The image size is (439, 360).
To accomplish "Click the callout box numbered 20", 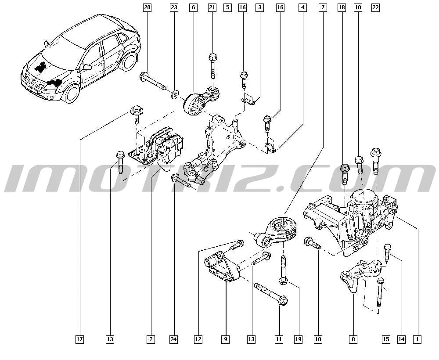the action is (147, 7).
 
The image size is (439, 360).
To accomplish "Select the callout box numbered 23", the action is (174, 7).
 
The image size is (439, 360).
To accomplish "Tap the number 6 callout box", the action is (193, 7).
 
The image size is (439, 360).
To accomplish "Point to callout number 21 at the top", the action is (212, 7).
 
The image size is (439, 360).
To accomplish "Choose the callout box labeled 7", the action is (323, 7).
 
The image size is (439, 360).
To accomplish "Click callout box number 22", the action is (375, 7).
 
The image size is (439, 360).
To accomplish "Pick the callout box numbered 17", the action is (80, 339).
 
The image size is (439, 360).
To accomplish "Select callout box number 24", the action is (173, 339).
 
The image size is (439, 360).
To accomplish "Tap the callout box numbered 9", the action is (225, 339).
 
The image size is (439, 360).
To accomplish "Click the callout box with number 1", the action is (417, 339).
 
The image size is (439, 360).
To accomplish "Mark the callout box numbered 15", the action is (386, 339).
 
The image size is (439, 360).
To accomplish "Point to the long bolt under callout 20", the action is (152, 81).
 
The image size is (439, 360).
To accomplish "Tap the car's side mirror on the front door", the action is (87, 67).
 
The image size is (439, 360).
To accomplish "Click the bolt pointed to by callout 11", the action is (271, 295).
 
